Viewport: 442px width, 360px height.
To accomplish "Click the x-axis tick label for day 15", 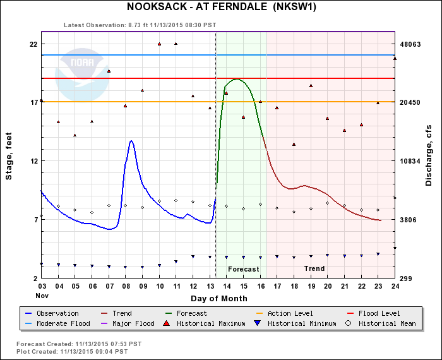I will pyautogui.click(x=243, y=287).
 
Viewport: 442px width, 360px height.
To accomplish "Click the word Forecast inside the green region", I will pyautogui.click(x=243, y=269).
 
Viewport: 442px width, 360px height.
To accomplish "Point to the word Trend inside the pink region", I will pyautogui.click(x=314, y=269).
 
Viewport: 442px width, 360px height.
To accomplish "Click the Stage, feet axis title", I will pyautogui.click(x=9, y=161).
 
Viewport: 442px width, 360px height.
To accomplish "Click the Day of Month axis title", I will pyautogui.click(x=217, y=298).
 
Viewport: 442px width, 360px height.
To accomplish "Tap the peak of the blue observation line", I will pyautogui.click(x=131, y=141).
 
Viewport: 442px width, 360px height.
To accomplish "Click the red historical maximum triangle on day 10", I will pyautogui.click(x=159, y=44).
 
